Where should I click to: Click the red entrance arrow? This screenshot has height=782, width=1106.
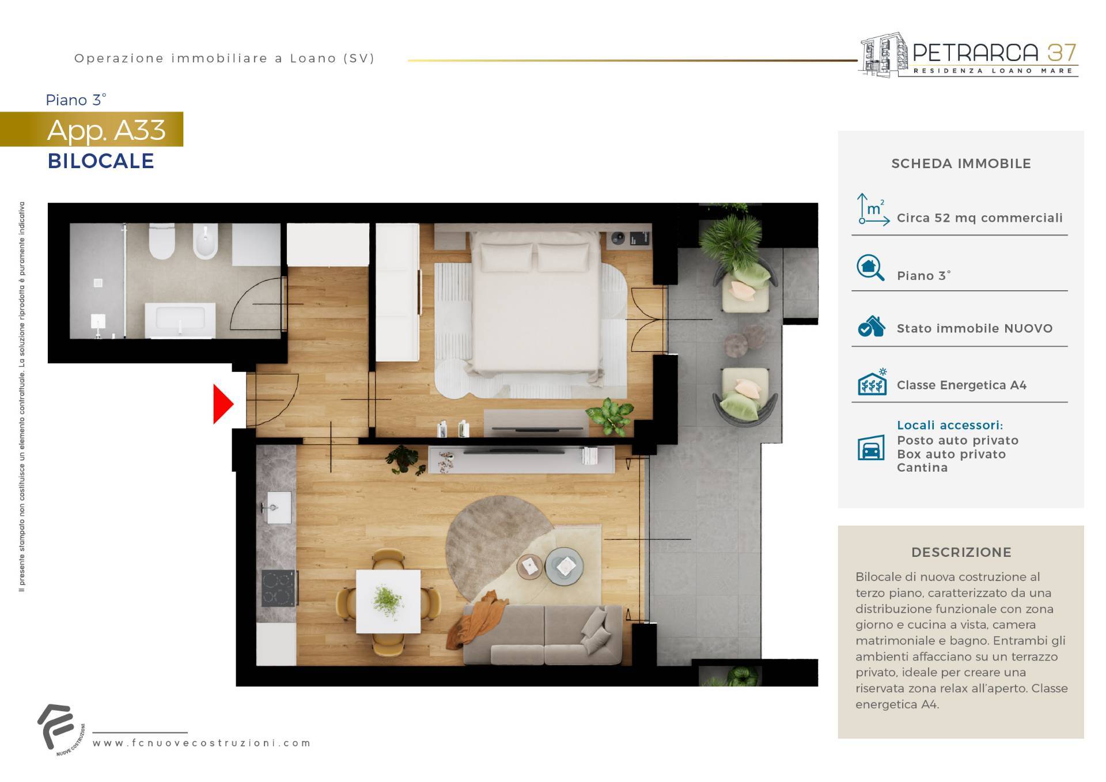coord(222,404)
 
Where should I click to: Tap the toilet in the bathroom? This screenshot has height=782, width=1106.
coord(162,241)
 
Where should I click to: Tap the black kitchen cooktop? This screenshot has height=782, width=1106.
coord(279,588)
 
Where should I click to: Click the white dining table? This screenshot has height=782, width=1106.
coord(388,601)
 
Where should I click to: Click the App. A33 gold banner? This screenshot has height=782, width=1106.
coord(92,129)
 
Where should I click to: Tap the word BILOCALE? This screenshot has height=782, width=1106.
coord(101,161)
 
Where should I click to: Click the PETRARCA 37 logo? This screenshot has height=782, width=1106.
coord(968,55)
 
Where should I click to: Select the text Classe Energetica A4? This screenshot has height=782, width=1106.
coord(961,385)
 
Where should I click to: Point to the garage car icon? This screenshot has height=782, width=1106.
coord(871,447)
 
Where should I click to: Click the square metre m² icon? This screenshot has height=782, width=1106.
coord(873,208)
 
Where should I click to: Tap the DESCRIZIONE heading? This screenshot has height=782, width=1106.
coord(961,552)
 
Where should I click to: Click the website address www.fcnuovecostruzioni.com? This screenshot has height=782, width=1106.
coord(202,743)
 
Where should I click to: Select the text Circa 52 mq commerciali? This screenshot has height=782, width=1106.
coord(980,218)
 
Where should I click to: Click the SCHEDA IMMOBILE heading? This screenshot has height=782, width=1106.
coord(961,164)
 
